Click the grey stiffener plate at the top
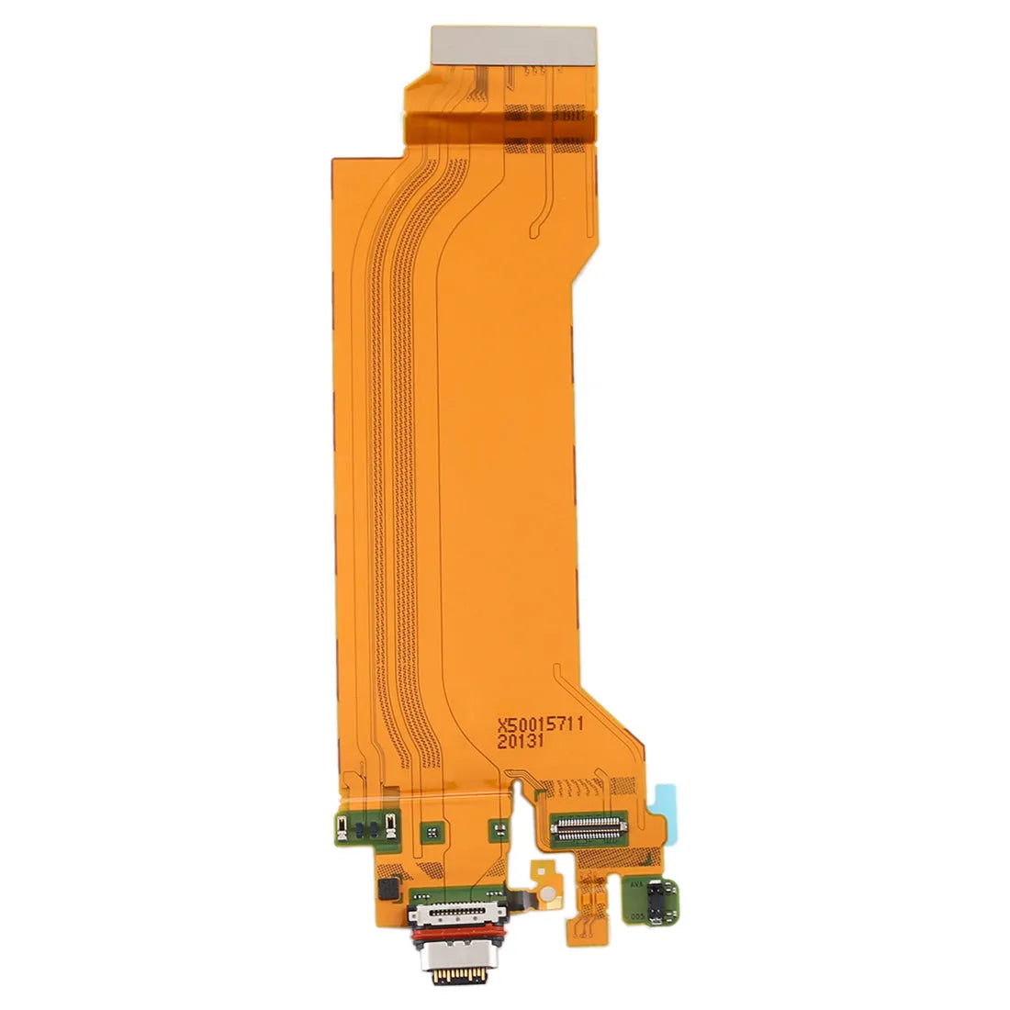point(513,42)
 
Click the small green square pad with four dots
point(429,831)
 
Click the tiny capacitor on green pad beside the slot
point(498,830)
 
